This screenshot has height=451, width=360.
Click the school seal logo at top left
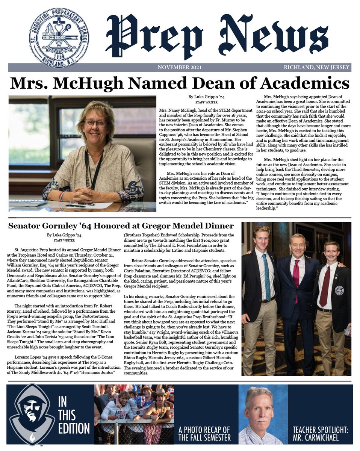(x=59, y=38)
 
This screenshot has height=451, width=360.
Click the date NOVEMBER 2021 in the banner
(x=180, y=67)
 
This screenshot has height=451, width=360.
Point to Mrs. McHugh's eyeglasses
(x=95, y=123)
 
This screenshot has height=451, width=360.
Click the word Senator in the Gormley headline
(x=29, y=226)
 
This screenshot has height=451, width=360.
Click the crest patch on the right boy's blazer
(x=339, y=291)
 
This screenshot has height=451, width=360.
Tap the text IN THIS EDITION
(x=74, y=415)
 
